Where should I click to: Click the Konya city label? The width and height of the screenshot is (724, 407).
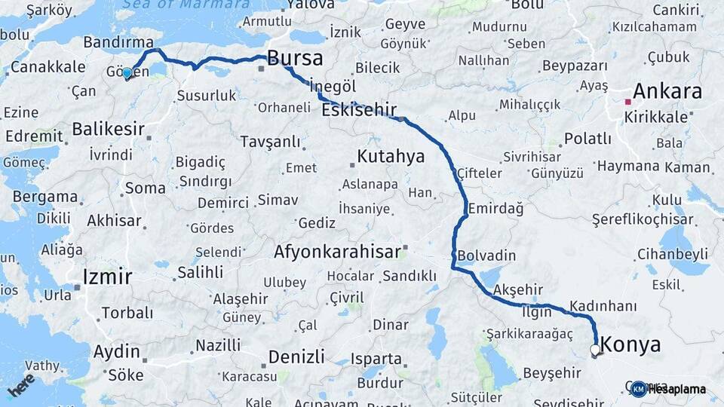(630, 345)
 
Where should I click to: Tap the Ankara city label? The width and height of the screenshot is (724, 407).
(667, 92)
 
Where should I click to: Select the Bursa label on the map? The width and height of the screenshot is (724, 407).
(295, 58)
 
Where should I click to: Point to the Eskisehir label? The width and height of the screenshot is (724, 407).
(359, 110)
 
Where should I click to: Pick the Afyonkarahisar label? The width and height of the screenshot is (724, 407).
(336, 252)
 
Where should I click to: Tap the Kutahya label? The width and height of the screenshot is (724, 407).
(391, 157)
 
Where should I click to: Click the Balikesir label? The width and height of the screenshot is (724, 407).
(108, 129)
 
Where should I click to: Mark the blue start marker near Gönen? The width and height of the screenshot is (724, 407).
(127, 73)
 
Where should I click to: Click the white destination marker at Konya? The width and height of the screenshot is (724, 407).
(595, 350)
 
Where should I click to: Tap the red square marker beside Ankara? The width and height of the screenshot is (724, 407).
(627, 100)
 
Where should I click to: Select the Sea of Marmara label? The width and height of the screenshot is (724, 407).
(186, 5)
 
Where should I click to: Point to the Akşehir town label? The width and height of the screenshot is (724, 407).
(517, 289)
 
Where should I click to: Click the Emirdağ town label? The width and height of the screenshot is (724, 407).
(495, 207)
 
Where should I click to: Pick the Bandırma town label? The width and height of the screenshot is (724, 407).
(118, 42)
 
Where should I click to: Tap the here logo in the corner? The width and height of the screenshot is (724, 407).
(21, 384)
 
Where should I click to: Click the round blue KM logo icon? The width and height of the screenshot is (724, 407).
(639, 389)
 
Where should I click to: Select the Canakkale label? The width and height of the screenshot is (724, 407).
(48, 66)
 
